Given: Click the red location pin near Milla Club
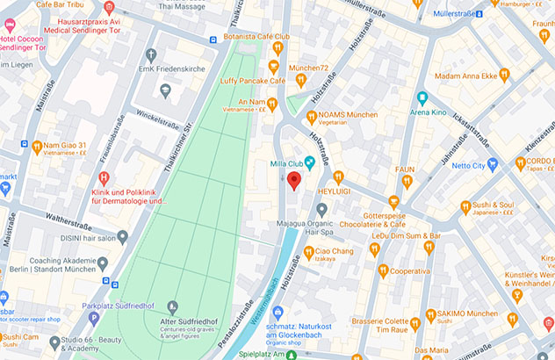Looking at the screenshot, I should [x=294, y=181].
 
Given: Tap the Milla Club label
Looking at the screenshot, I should [x=293, y=163].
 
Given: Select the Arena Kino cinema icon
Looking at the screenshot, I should [x=422, y=98].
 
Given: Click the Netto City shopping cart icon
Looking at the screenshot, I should [x=492, y=165].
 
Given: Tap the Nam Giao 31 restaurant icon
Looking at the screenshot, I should [x=37, y=145].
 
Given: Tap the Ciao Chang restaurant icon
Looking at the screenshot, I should [x=308, y=252].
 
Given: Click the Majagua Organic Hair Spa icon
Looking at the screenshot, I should [x=322, y=209].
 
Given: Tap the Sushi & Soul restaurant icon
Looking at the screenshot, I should [x=466, y=207].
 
